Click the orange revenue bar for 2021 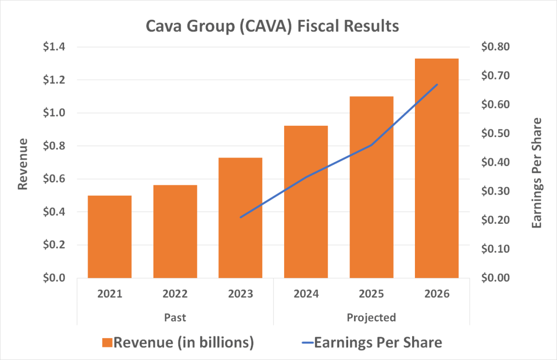tap(110, 237)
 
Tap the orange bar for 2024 tap(306, 202)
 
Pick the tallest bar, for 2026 tap(437, 168)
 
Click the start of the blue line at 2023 tap(240, 217)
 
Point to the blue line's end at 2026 tap(437, 85)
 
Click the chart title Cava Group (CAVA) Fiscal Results tap(272, 26)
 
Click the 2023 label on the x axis tap(240, 294)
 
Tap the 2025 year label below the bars tap(371, 294)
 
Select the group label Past tap(175, 318)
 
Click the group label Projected tap(371, 318)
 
